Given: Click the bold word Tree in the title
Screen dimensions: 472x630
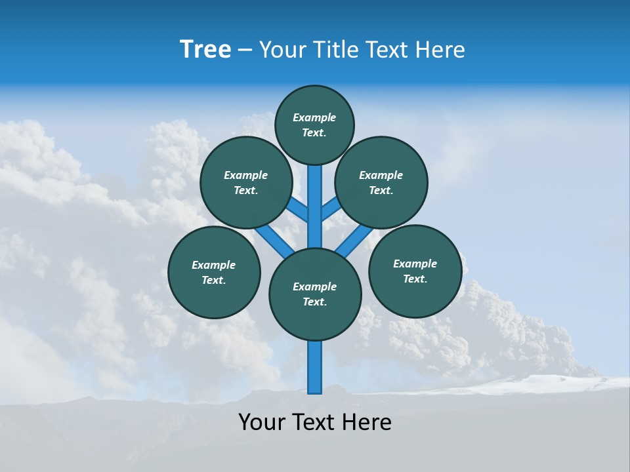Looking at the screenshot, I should pos(205,50).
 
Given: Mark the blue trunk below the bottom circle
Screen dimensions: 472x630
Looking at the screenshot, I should pos(315,367).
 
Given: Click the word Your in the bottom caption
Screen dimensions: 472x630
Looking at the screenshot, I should pos(261,422).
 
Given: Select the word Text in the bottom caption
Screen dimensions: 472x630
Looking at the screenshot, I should pos(314,422).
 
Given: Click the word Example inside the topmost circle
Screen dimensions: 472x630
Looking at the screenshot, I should pos(314,118).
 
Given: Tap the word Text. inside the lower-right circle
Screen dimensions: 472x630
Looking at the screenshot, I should pos(415,279).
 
